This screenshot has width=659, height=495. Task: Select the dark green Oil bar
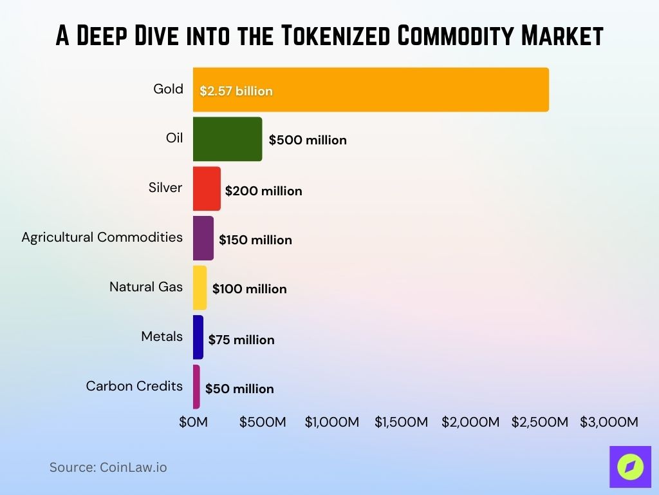[227, 139]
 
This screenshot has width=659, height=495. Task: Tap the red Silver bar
[207, 188]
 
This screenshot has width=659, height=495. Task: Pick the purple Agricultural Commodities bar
[203, 238]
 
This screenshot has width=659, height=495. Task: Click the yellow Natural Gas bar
[200, 287]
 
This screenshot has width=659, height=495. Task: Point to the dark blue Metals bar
[198, 337]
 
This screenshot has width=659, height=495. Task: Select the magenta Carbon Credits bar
[196, 387]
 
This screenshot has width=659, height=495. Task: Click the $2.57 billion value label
[236, 91]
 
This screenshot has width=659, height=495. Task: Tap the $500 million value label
[308, 140]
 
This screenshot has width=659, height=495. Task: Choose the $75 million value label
[241, 340]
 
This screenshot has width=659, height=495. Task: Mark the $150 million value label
[255, 240]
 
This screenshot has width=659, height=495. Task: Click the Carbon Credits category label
[135, 386]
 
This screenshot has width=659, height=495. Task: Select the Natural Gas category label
[146, 287]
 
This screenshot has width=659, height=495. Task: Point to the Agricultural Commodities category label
[102, 237]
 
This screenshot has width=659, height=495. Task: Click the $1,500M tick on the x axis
[401, 422]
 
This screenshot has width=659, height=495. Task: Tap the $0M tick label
[193, 422]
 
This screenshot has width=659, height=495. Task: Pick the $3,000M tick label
[609, 422]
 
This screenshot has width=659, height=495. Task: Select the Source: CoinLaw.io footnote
[108, 467]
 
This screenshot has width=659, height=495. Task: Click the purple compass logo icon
[630, 467]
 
